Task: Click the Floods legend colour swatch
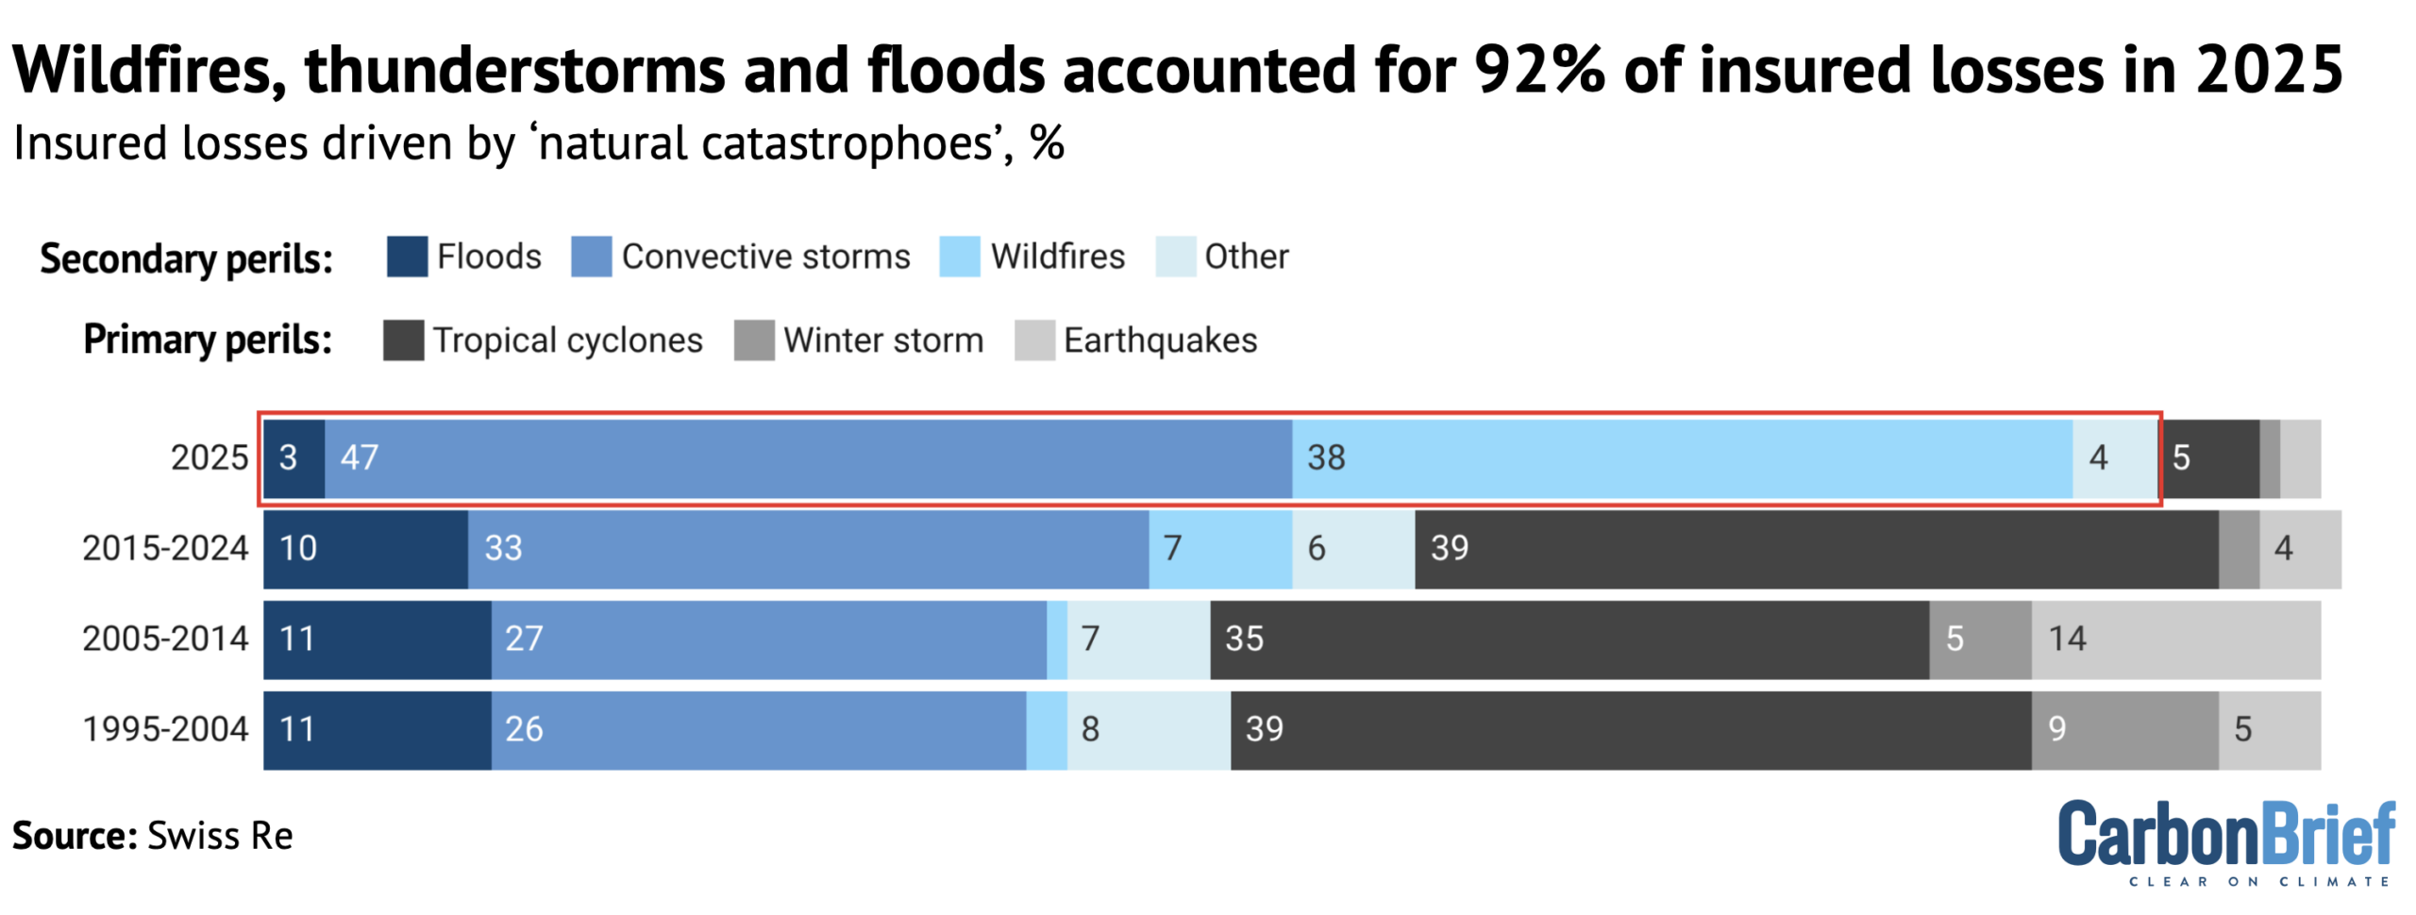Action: point(407,257)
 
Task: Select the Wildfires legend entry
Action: point(1032,257)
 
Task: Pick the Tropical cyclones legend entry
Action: point(544,341)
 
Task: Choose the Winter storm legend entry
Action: point(859,341)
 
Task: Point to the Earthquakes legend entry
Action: point(1136,341)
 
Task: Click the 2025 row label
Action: point(209,457)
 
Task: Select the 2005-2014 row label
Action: point(165,639)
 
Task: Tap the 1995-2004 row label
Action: point(165,729)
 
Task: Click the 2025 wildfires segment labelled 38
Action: point(1682,458)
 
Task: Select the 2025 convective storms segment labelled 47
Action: point(808,458)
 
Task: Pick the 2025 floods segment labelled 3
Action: point(294,458)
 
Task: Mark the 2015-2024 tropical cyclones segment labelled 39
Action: point(1816,548)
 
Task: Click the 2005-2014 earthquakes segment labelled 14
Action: point(2175,640)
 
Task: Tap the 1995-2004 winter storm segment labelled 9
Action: point(2124,730)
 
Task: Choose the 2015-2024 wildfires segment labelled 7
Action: point(1219,548)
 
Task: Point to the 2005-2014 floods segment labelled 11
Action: point(377,640)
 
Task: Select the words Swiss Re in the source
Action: point(220,837)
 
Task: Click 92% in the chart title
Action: point(1538,71)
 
